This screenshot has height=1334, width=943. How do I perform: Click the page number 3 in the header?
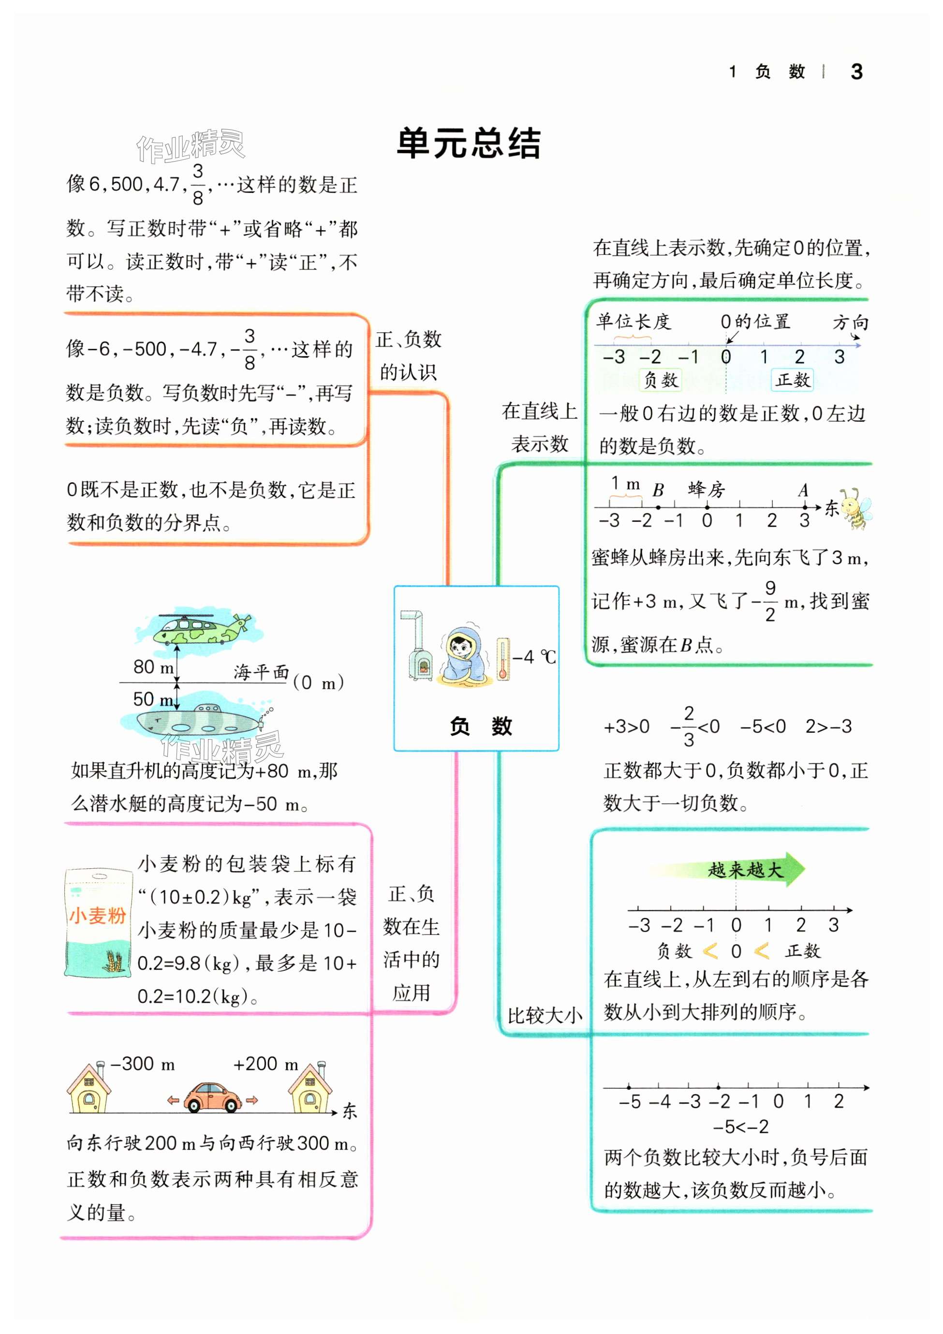click(x=856, y=72)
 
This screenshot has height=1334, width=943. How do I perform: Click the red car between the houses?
click(x=213, y=1097)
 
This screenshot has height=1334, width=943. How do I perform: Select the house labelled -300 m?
click(x=89, y=1088)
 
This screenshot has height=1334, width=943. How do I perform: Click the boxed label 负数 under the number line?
click(x=660, y=380)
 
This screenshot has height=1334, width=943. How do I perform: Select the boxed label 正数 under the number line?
click(x=793, y=380)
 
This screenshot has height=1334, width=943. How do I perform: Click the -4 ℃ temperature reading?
click(x=534, y=657)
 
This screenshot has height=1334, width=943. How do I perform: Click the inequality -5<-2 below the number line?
click(x=741, y=1127)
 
